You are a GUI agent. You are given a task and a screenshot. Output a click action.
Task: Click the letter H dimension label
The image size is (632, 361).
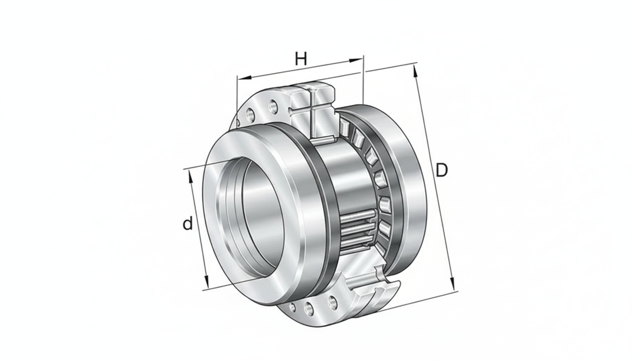tap(301, 59)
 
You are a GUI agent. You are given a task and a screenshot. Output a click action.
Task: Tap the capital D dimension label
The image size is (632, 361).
tap(442, 170)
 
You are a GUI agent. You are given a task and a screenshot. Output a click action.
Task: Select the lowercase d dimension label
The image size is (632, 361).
tap(188, 223)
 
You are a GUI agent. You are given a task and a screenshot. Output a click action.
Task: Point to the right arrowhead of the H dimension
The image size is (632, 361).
tap(355, 60)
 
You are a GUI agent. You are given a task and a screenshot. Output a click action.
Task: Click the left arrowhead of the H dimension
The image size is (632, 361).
tap(244, 78)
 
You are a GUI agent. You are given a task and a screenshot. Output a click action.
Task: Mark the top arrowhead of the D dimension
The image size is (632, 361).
tap(415, 71)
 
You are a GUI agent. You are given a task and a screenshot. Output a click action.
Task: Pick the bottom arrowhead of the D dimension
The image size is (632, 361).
tap(452, 283)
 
